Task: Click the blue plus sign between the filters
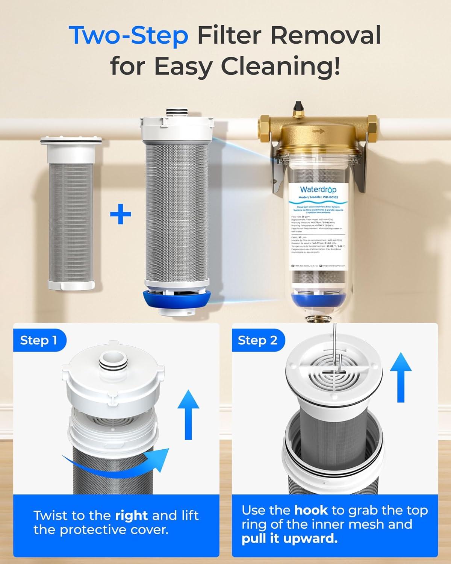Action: [120, 215]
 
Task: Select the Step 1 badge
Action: [39, 340]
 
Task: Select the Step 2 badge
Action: [257, 340]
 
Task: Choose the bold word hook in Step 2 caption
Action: [311, 510]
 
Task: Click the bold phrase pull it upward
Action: [289, 539]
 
